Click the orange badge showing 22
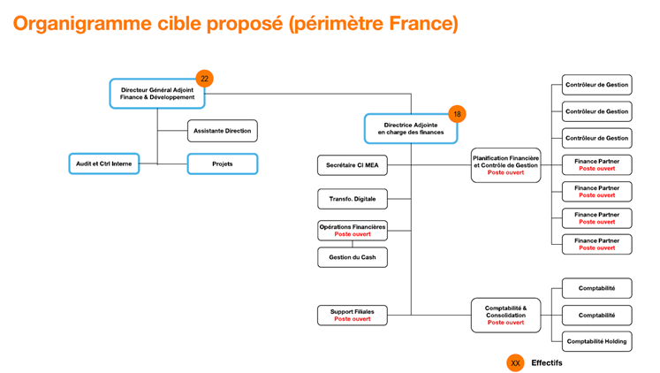click(x=205, y=79)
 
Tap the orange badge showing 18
click(x=457, y=114)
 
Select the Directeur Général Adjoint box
click(x=157, y=93)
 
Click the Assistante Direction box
click(x=222, y=131)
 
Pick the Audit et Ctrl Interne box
click(x=104, y=164)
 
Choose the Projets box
click(x=222, y=164)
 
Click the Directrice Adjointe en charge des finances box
click(x=411, y=128)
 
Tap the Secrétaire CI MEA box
click(x=353, y=165)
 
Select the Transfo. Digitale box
click(x=353, y=199)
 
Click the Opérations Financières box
click(x=353, y=230)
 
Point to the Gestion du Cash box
click(x=353, y=257)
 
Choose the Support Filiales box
click(x=353, y=315)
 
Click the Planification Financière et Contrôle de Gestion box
click(x=505, y=165)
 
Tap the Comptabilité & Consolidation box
click(x=505, y=315)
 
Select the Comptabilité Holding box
click(x=596, y=341)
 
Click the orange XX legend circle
click(x=515, y=362)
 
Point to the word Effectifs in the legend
click(x=547, y=362)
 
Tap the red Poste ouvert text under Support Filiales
click(x=353, y=319)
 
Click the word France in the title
click(x=419, y=24)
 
